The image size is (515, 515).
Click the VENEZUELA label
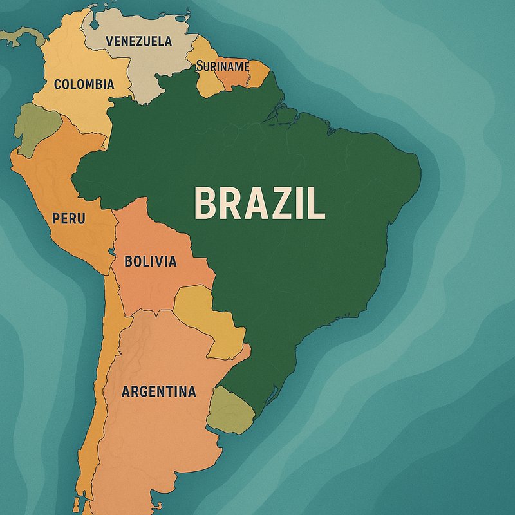pos(138,41)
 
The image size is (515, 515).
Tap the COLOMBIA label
pos(84,84)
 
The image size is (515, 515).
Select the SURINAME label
pos(223,65)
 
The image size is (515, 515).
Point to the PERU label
pos(69,219)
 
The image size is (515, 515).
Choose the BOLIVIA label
pos(150,261)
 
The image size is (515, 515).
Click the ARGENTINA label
pos(158,391)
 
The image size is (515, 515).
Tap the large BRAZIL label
pos(259,203)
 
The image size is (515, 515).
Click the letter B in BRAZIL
pos(206,203)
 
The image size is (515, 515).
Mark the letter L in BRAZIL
pos(315,203)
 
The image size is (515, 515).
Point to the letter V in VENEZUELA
pos(110,41)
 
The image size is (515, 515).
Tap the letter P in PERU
pos(57,219)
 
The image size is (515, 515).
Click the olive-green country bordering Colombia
pos(35,129)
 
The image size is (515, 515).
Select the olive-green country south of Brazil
pos(229,409)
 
